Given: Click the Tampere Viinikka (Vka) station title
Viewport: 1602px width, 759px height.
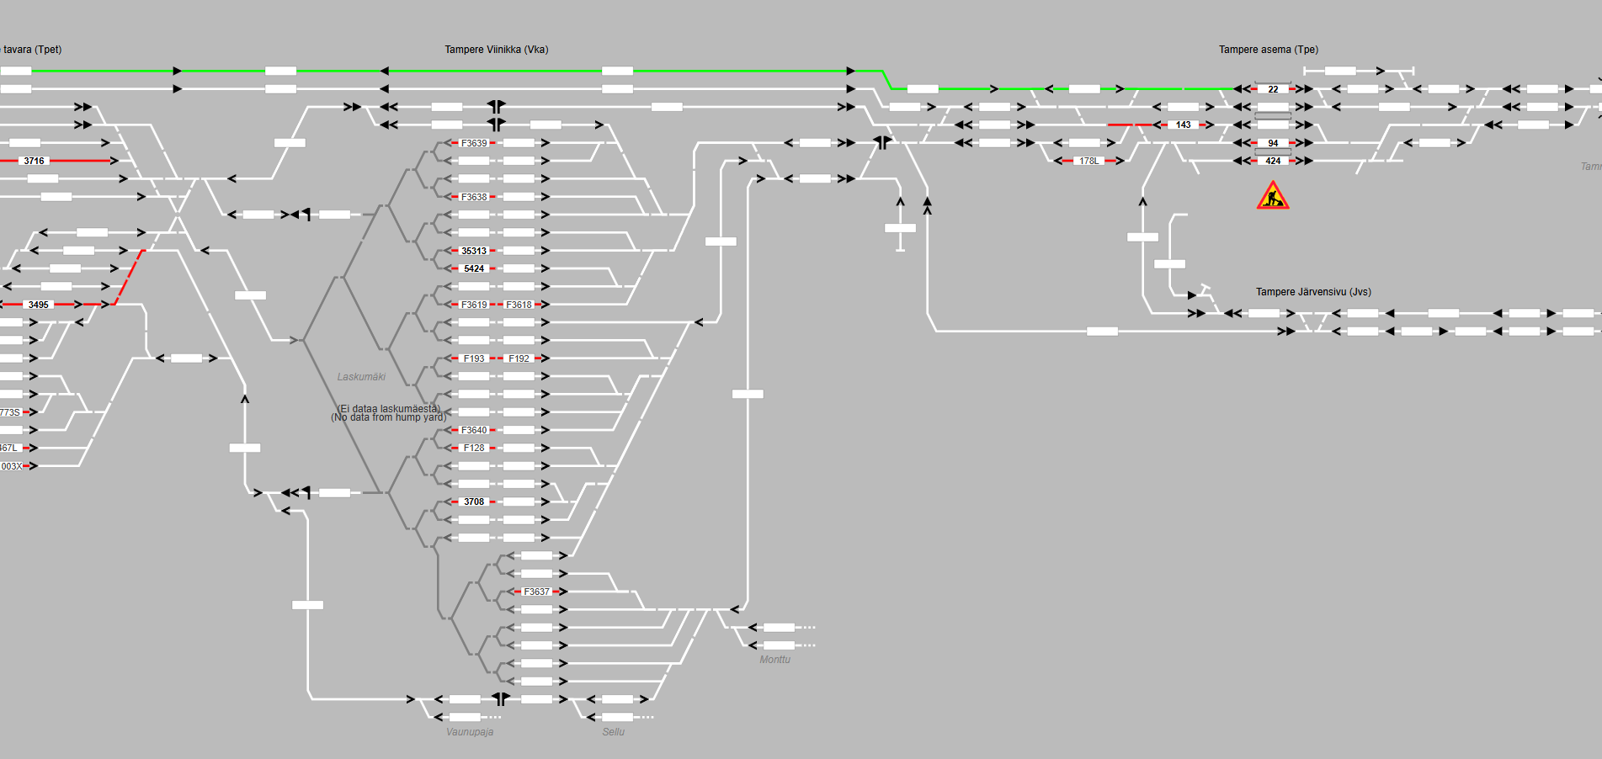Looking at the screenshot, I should (496, 50).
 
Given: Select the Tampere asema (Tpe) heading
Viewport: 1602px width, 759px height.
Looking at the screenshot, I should (1268, 50).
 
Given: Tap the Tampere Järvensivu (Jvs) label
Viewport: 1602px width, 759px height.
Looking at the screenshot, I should (1313, 292).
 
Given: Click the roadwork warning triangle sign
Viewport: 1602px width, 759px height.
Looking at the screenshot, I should (1272, 196).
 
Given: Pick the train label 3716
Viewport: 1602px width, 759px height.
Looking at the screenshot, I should (34, 161).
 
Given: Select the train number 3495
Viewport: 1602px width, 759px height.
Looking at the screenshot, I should (38, 305).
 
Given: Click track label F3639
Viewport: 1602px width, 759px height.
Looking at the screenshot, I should (474, 143).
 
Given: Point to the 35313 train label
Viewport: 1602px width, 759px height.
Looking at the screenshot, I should (474, 251).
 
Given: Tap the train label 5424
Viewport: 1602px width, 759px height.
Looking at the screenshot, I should (474, 268).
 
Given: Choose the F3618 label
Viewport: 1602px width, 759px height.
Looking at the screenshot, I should (519, 305).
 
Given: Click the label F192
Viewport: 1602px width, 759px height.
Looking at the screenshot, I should (519, 358).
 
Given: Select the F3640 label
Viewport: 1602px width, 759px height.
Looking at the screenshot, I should (474, 430).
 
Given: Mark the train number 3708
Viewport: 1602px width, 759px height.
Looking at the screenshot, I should (474, 502).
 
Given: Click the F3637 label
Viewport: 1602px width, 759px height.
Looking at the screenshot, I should (536, 592).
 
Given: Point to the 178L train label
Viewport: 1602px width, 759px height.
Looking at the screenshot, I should (1088, 161).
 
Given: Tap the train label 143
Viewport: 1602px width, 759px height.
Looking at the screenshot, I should (1183, 125).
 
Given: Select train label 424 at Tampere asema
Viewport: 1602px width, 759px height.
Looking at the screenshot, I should (1273, 161).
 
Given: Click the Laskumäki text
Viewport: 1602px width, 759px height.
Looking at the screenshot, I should (361, 377).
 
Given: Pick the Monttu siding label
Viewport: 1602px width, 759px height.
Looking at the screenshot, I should (774, 660).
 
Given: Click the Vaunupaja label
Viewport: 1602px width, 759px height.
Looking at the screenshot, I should (470, 732).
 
